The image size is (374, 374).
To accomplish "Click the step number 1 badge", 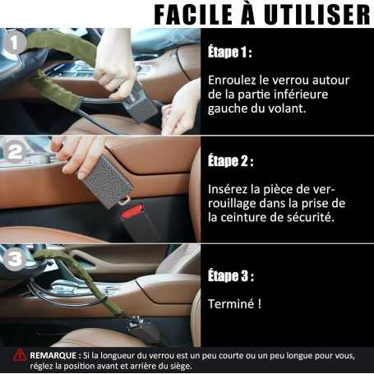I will pos(14,42).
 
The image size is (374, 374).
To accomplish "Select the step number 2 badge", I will pos(14,152).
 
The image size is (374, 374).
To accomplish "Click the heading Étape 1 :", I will pos(229,52).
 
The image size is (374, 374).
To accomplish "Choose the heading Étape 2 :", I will pos(230,160).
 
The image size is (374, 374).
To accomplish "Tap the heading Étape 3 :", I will pos(230,275).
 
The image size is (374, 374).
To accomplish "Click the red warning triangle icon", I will pos(18,355).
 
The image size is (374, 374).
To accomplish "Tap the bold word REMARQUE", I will pos(56,355).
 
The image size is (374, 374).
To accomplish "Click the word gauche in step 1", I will pos(230,109).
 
